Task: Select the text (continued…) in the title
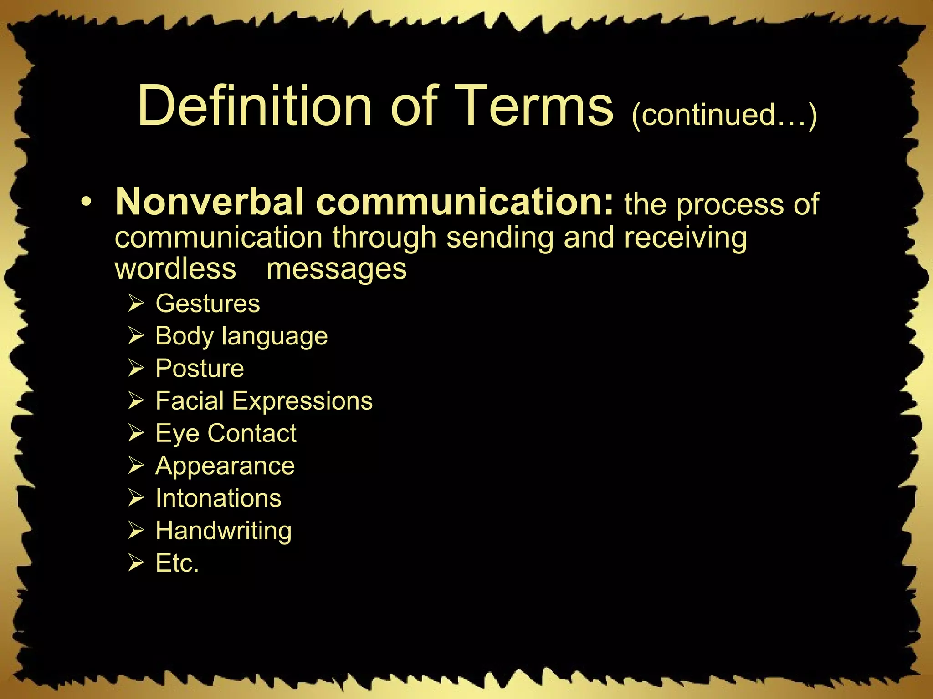point(724,114)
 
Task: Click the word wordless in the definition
point(175,268)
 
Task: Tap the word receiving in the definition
point(685,238)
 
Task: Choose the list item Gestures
point(207,304)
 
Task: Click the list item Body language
point(241,336)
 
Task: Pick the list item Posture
point(200,368)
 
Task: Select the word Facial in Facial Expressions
point(190,401)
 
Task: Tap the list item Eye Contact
point(226,433)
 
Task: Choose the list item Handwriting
point(223,531)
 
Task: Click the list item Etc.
point(177,563)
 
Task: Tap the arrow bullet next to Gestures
point(136,304)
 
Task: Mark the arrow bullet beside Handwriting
point(136,531)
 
